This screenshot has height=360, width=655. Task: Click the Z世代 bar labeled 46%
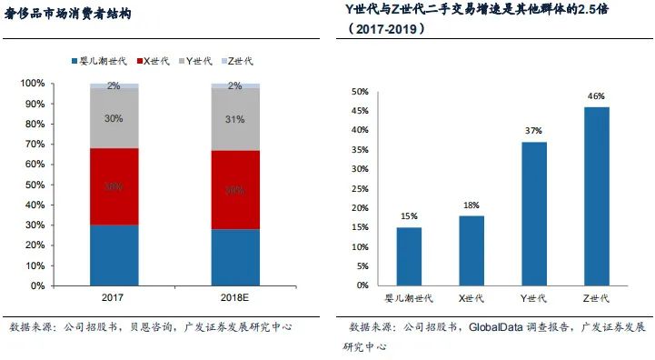click(x=596, y=195)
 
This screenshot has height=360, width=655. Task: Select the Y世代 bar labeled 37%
click(x=534, y=214)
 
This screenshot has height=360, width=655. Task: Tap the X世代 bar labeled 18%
click(x=471, y=250)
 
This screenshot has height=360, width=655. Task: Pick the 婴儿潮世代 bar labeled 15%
click(x=409, y=256)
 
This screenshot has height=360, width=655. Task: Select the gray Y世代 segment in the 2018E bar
click(x=235, y=119)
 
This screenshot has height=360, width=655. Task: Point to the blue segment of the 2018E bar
click(x=235, y=257)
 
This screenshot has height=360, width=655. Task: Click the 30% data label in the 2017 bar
click(x=114, y=118)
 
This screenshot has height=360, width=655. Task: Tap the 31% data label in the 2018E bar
click(x=235, y=118)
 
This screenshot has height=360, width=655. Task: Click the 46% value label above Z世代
click(x=596, y=95)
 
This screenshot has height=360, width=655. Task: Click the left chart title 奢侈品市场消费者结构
click(x=68, y=15)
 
